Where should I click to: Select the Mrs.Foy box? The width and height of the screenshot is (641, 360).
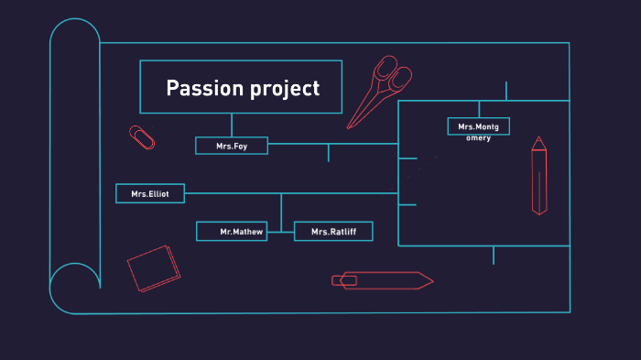232,146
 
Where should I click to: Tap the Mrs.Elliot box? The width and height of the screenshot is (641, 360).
150,193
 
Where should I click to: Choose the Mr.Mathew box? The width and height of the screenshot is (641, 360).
232,232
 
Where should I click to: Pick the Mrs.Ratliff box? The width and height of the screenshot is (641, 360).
333,232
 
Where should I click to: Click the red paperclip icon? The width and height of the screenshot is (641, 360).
142,136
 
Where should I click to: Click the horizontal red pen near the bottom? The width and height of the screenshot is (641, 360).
382,280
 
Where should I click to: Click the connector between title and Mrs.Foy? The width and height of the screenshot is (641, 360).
232,125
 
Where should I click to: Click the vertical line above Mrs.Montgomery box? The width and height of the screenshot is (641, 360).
479,109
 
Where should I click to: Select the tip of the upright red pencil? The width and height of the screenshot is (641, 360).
538,140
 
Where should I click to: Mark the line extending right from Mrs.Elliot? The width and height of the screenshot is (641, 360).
275,193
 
